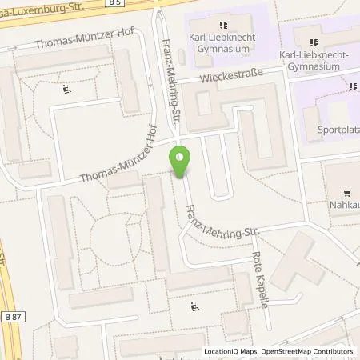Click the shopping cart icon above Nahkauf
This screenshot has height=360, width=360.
[x=347, y=192]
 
